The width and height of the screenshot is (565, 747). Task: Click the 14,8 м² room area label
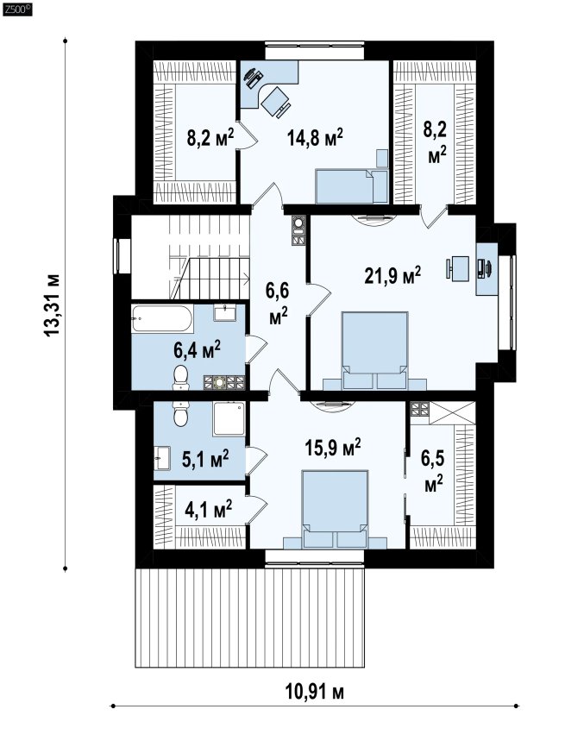click(315, 138)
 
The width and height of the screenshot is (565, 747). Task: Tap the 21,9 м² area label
click(392, 275)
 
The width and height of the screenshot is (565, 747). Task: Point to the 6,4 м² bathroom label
click(197, 350)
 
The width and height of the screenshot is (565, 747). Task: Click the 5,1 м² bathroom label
click(205, 458)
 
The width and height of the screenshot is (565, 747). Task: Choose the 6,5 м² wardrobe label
click(433, 471)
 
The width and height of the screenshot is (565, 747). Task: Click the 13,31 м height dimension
click(52, 304)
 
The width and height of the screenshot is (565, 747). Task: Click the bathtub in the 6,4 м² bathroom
click(162, 320)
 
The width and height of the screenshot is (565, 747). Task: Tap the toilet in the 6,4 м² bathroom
click(180, 376)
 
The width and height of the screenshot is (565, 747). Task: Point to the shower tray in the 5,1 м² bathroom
click(229, 418)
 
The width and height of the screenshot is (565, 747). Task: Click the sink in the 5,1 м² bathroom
click(162, 459)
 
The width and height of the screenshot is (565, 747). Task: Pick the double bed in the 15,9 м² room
click(335, 509)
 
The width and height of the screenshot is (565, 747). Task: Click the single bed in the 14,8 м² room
click(352, 186)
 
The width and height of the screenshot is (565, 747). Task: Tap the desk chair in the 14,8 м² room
click(275, 101)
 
